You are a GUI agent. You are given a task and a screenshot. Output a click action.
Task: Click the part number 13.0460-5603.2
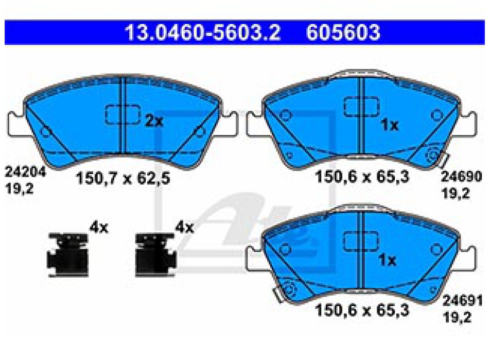[x=203, y=32]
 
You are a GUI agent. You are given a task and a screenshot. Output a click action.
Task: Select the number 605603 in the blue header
[x=343, y=32]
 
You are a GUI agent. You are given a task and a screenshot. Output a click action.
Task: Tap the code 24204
[x=25, y=172]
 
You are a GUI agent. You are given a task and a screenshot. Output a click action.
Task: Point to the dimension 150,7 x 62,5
[x=123, y=178]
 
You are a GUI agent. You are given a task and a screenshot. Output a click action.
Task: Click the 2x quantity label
[x=154, y=121]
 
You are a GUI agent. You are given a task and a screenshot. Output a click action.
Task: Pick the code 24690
[x=462, y=176]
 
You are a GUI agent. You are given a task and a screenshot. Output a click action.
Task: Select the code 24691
[x=463, y=301]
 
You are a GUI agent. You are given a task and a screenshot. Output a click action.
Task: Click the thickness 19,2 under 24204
[x=20, y=189]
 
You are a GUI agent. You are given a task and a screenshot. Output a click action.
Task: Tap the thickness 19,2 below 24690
[x=456, y=193]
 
